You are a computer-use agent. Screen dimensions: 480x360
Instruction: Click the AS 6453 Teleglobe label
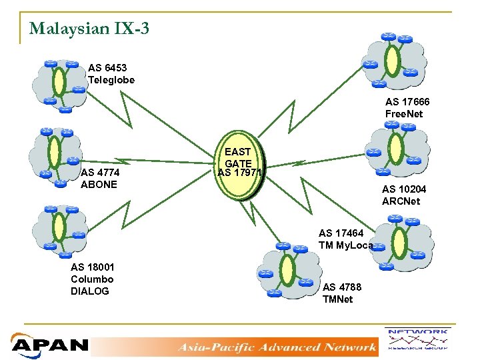[111, 74]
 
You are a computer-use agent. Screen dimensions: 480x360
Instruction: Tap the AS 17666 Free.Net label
[407, 108]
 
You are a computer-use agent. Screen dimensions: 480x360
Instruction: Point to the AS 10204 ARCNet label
[404, 195]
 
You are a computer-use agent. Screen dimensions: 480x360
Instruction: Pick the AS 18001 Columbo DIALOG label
[92, 279]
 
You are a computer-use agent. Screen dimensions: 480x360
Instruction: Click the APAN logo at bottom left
[50, 345]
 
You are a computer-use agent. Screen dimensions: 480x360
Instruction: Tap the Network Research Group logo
[417, 339]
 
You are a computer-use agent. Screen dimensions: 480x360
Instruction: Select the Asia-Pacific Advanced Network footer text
[276, 347]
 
